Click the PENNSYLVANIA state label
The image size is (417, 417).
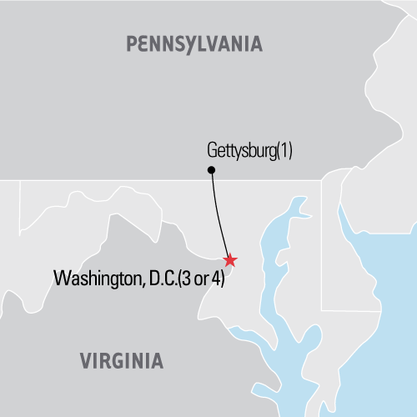click(193, 43)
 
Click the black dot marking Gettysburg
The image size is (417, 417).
click(211, 170)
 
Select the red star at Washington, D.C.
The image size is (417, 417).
click(230, 261)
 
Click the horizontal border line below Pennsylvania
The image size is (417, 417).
click(125, 179)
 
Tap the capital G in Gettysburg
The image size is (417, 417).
click(210, 152)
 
